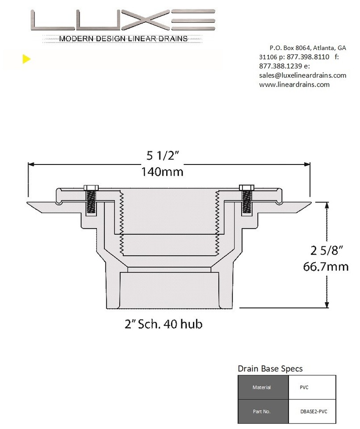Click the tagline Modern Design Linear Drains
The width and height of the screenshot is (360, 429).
(123, 39)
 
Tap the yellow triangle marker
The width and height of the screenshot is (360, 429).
(26, 59)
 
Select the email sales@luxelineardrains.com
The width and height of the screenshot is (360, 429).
(302, 75)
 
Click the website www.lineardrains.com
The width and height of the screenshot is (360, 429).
(294, 84)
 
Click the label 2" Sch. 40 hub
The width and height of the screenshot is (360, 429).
(163, 324)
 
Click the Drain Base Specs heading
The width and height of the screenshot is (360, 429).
(270, 369)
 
